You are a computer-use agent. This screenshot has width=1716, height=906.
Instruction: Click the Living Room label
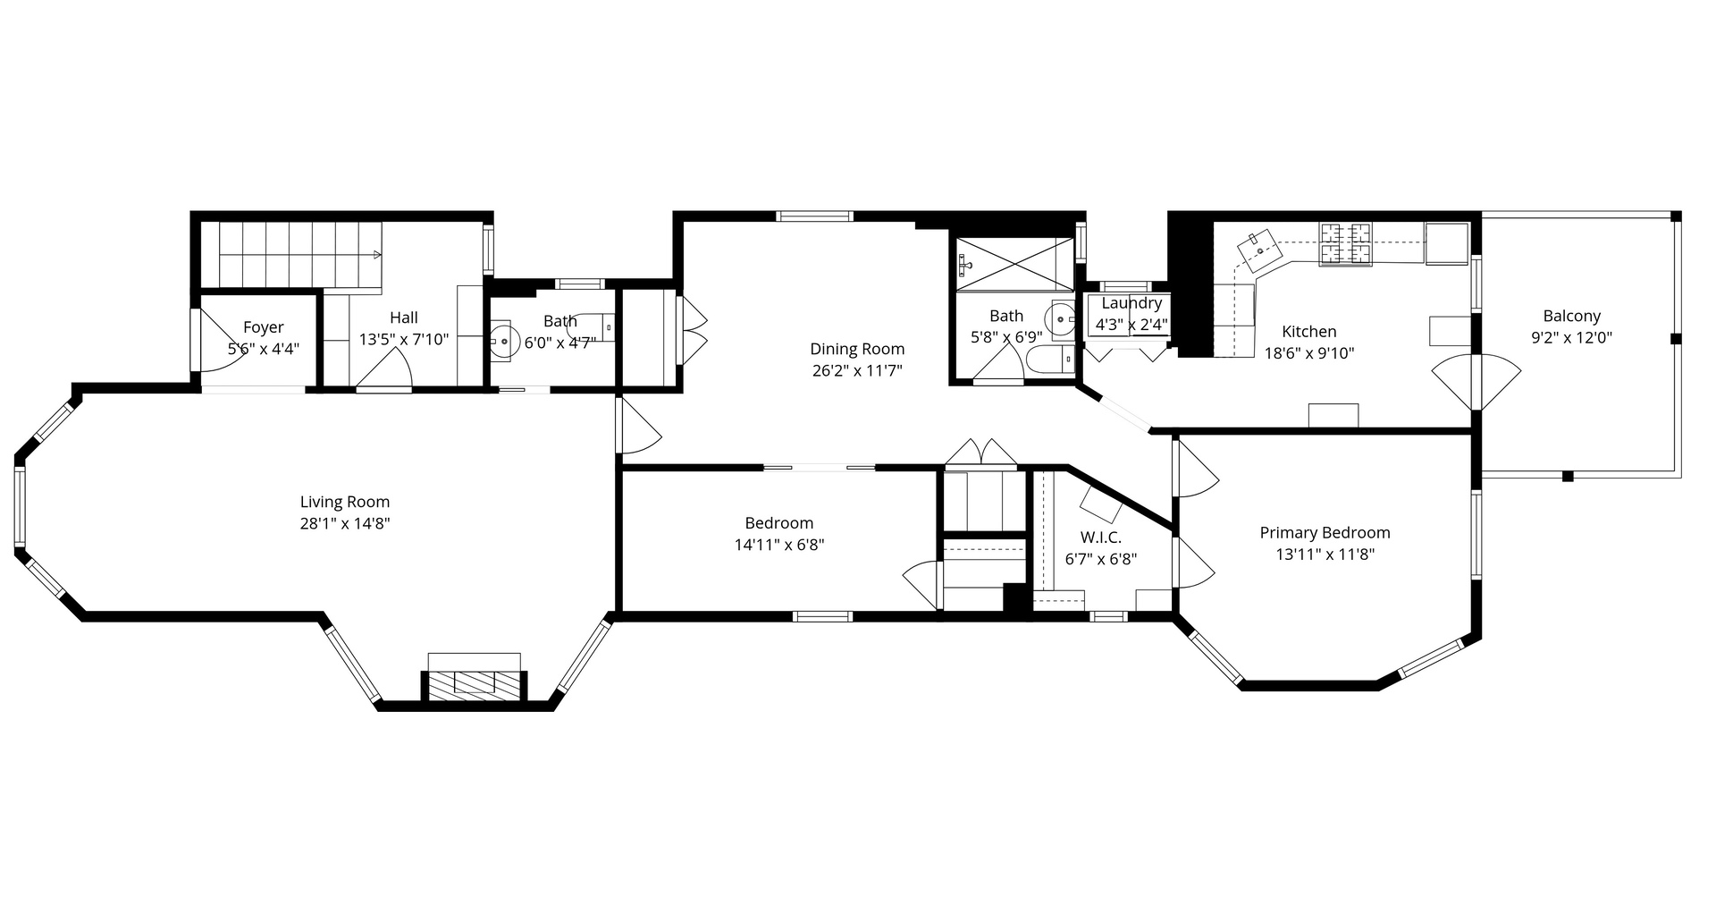pyautogui.click(x=344, y=502)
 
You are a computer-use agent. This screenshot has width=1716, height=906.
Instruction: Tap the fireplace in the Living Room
pyautogui.click(x=474, y=682)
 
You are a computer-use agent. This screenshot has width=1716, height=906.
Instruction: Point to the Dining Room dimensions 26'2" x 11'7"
pyautogui.click(x=857, y=370)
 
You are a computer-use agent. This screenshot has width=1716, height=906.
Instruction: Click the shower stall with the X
pyautogui.click(x=1014, y=264)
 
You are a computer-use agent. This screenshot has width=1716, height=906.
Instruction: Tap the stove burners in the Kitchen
pyautogui.click(x=1345, y=243)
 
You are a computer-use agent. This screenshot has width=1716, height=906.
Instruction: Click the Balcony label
pyautogui.click(x=1571, y=316)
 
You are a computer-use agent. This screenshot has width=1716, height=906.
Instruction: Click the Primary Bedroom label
pyautogui.click(x=1325, y=532)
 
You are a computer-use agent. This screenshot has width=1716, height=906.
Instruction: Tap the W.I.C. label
pyautogui.click(x=1100, y=537)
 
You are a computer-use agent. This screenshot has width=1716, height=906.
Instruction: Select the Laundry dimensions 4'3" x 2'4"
pyautogui.click(x=1131, y=325)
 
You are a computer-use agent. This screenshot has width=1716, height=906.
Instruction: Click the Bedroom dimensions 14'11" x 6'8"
pyautogui.click(x=778, y=545)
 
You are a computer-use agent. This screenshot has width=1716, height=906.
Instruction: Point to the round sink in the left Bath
pyautogui.click(x=505, y=341)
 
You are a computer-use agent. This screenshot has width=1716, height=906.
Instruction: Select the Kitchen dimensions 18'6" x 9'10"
pyautogui.click(x=1308, y=352)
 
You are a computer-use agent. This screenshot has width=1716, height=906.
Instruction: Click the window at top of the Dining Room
pyautogui.click(x=814, y=216)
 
